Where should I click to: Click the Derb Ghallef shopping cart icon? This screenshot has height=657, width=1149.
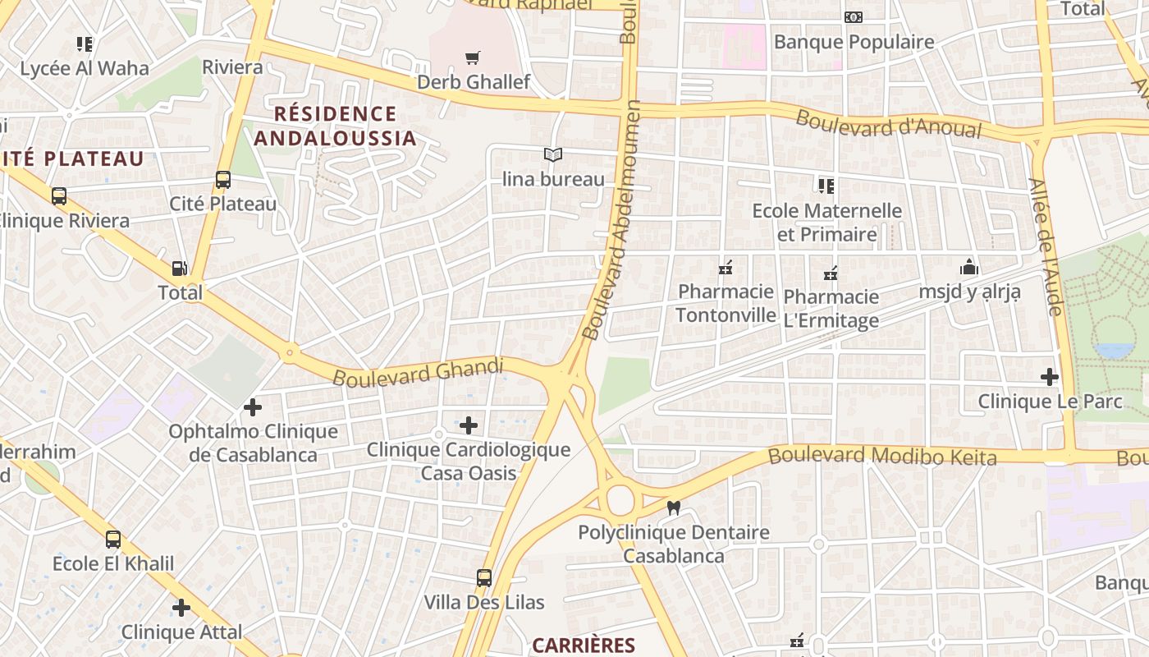[472, 57]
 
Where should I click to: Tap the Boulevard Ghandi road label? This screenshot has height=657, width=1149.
[418, 372]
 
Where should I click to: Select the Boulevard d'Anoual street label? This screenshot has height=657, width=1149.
[889, 124]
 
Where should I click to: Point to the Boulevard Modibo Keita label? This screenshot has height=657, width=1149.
[882, 456]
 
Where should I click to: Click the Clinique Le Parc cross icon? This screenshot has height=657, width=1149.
[1050, 377]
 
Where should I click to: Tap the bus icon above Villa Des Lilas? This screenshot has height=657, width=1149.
[484, 577]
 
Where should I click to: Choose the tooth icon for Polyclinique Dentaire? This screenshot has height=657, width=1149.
[674, 508]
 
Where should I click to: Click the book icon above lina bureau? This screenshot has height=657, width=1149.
[554, 154]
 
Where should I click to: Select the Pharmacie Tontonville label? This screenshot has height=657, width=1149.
[726, 303]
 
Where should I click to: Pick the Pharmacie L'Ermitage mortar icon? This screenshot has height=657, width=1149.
[831, 273]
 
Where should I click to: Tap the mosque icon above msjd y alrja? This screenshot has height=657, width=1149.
[969, 267]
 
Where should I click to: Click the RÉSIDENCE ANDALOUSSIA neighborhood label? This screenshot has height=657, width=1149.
[335, 126]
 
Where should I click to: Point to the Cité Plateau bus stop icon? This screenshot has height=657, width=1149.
[222, 180]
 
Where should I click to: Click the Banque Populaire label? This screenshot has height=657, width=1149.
[854, 42]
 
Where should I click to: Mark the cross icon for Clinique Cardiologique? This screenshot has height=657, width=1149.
[469, 425]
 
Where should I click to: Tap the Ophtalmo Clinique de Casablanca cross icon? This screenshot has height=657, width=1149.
[253, 407]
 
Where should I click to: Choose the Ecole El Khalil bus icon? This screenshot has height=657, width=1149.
[113, 540]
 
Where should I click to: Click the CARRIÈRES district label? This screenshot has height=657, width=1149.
[584, 646]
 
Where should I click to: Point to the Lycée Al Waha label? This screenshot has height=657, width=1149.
[85, 68]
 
